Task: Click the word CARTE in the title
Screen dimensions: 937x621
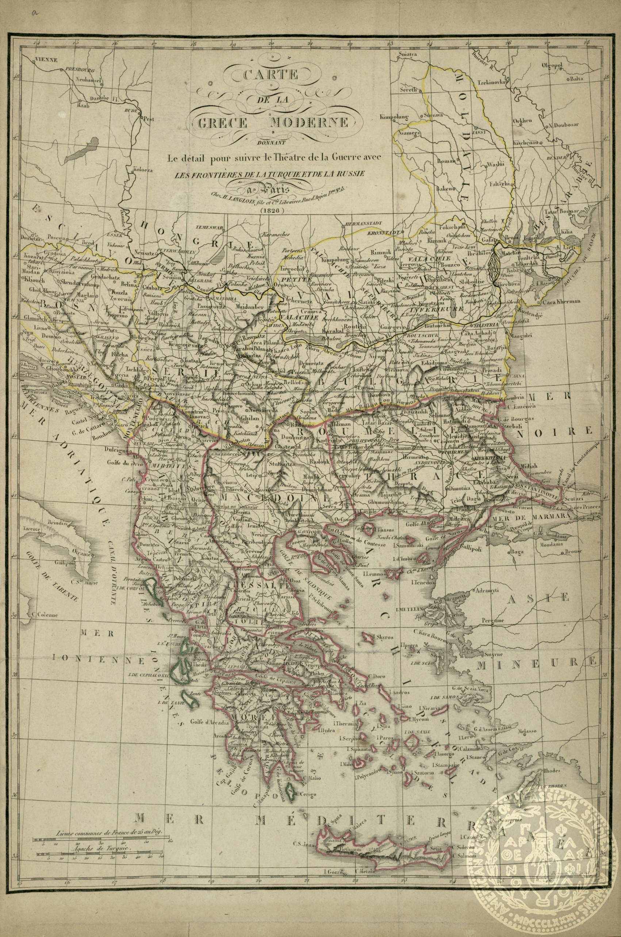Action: [x=271, y=74]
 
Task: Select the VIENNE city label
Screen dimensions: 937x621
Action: [x=46, y=60]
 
